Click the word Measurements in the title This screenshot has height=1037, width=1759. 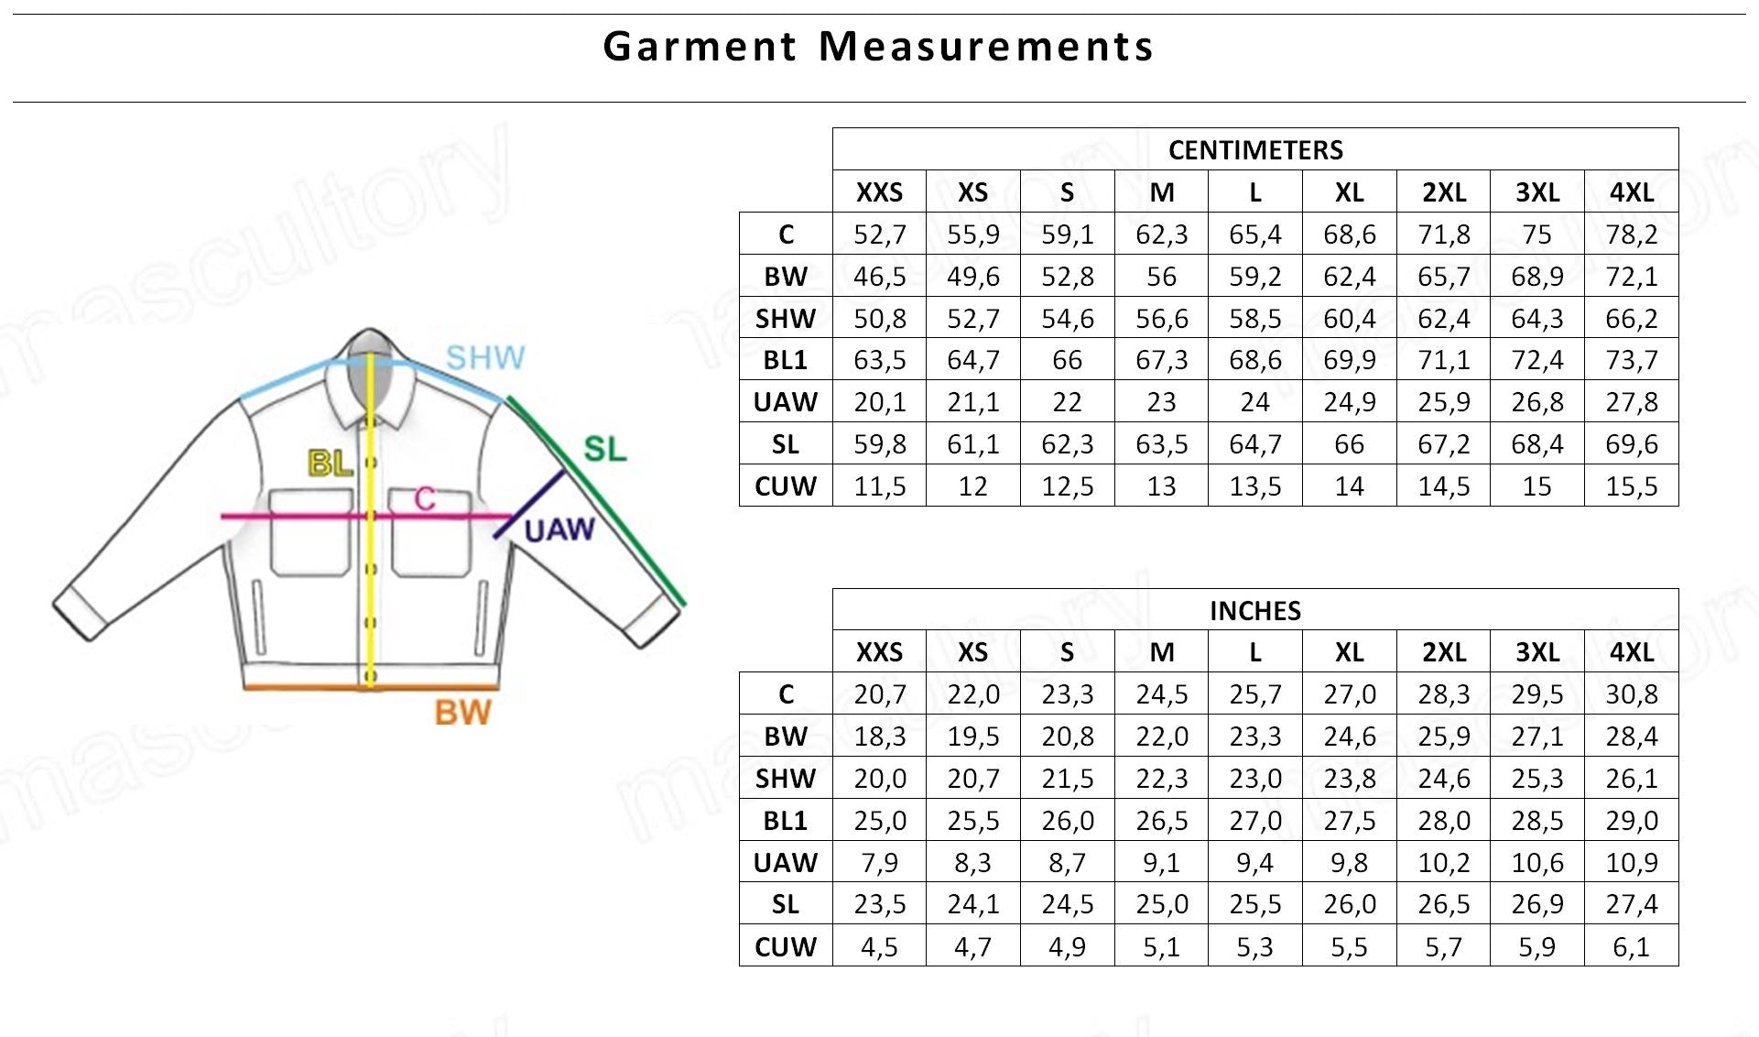click(x=985, y=47)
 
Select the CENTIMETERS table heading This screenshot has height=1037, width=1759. click(x=1255, y=150)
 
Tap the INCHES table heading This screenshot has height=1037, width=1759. click(x=1255, y=611)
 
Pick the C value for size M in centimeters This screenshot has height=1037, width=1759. click(x=1161, y=235)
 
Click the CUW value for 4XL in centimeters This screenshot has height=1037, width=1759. click(x=1631, y=486)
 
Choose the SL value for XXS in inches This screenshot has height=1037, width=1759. click(x=879, y=905)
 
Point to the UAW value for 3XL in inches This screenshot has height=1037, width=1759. click(x=1537, y=863)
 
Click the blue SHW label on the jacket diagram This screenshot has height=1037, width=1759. click(x=485, y=357)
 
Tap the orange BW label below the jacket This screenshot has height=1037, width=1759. click(x=462, y=713)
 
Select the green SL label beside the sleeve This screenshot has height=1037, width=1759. click(x=605, y=449)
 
